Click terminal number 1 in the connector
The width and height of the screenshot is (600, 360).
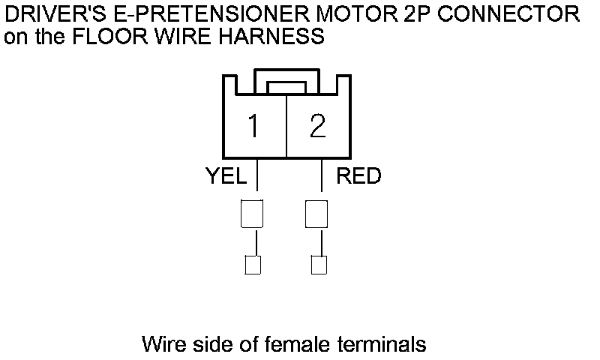pos(254,126)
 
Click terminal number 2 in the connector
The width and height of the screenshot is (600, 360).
pos(318,126)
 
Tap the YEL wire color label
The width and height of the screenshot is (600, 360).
pos(226,176)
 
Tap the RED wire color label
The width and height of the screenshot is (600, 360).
pos(358,176)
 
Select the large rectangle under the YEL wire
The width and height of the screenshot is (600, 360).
pos(251,214)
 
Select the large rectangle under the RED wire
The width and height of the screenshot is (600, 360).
pos(316,214)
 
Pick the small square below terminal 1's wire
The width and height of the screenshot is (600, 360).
pos(253,265)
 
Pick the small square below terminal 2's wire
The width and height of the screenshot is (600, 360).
pos(319,265)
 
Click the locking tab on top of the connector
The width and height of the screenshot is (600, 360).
pos(287,85)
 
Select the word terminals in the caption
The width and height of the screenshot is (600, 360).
pos(387,345)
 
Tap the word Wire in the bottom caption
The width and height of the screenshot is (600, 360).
pos(161,345)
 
